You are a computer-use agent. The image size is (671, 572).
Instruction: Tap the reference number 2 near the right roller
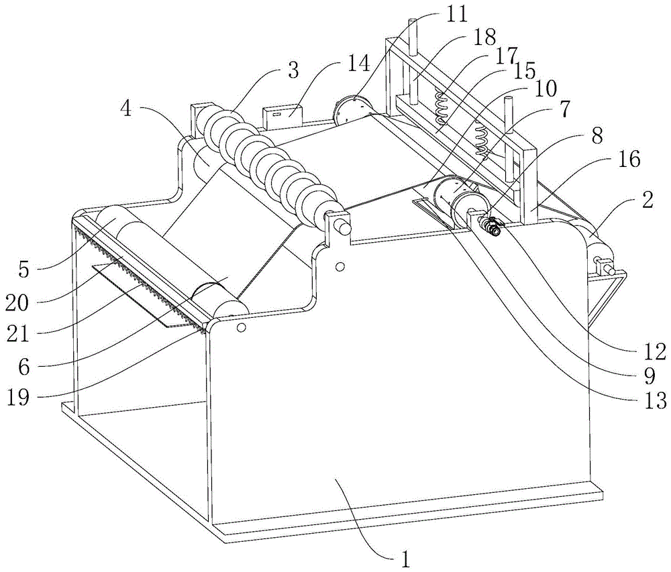click(x=648, y=199)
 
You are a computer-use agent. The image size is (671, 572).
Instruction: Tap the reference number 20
click(x=19, y=303)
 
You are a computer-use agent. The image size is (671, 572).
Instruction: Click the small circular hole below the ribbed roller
click(x=340, y=267)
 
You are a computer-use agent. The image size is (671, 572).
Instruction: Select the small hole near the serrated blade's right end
click(x=241, y=328)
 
